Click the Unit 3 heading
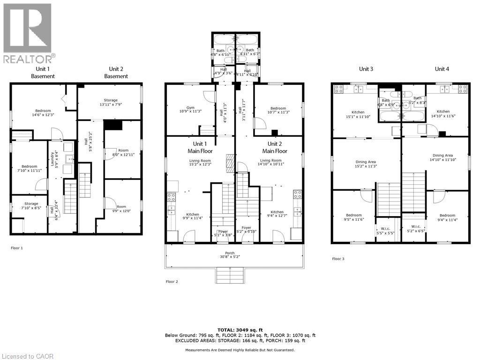coord(366,69)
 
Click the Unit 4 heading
coord(442,69)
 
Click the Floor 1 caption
coord(16,247)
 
